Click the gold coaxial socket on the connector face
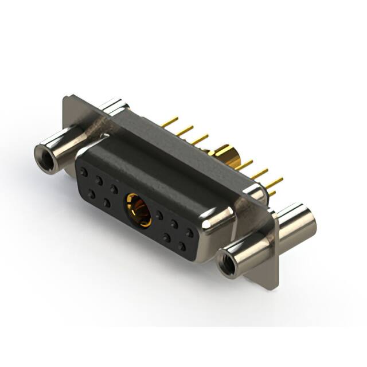(139, 209)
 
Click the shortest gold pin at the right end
(271, 194)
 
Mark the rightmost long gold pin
(274, 183)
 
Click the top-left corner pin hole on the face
(84, 171)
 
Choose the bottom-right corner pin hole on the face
(182, 246)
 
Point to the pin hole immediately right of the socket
(159, 216)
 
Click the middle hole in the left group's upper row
(99, 180)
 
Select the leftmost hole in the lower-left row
(92, 194)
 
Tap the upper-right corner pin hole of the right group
(189, 232)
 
